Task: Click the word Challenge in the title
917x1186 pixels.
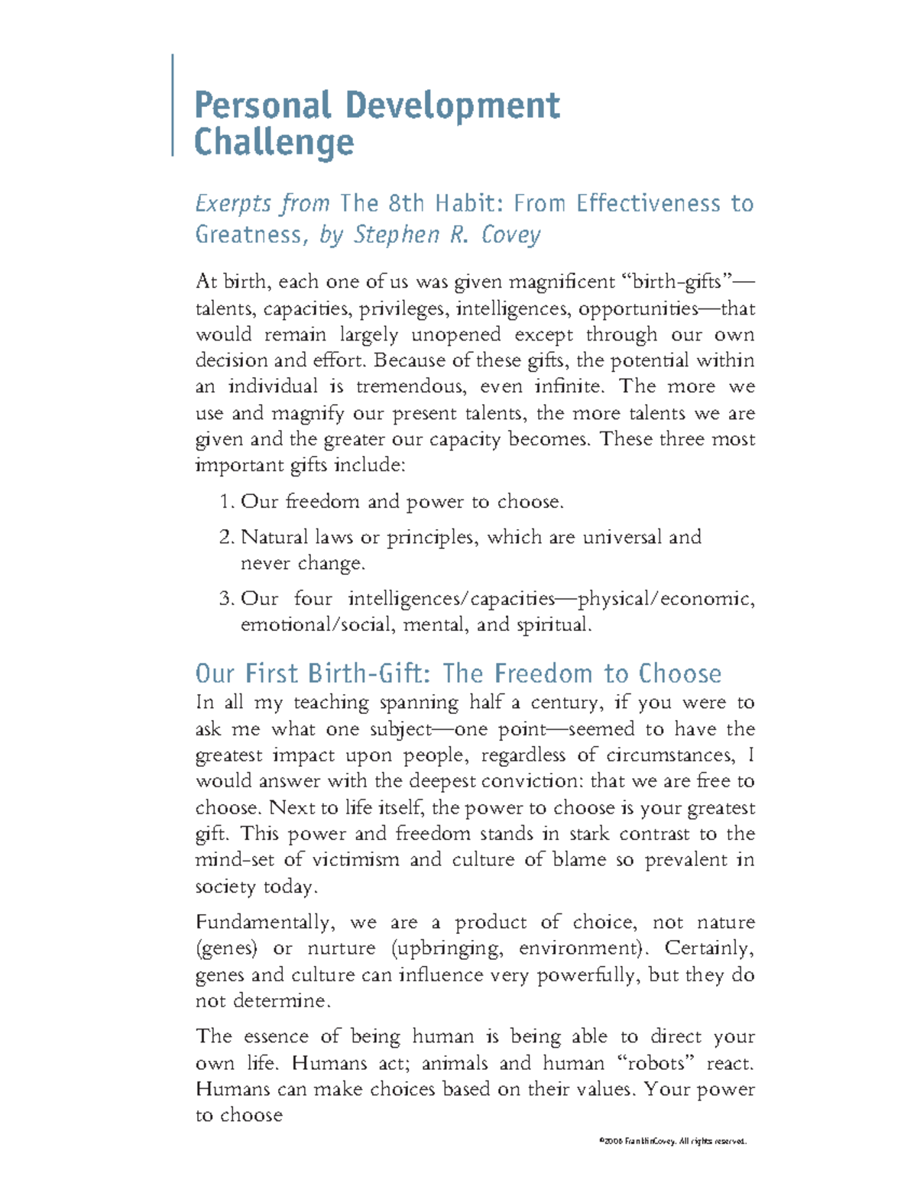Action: point(274,143)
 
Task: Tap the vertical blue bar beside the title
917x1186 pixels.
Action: point(173,105)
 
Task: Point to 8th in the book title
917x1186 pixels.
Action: point(405,203)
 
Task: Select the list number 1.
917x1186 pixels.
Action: point(225,502)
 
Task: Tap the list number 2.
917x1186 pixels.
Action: point(225,538)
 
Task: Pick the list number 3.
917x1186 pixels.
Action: point(225,599)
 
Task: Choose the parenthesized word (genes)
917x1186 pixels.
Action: point(226,949)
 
